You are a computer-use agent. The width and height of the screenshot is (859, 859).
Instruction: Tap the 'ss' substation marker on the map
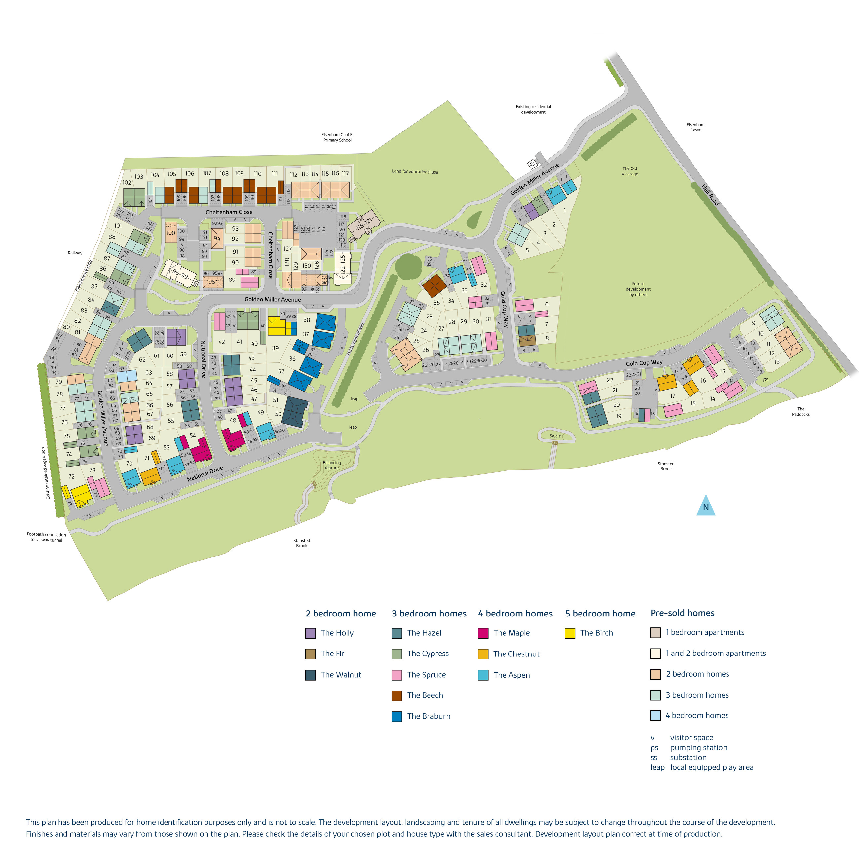pos(532,164)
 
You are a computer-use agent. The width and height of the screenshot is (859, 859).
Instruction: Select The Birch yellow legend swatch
pos(570,633)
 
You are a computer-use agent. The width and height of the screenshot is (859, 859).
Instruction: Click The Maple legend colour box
pos(483,633)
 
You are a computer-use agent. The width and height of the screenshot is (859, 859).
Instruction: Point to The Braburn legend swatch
pos(396,716)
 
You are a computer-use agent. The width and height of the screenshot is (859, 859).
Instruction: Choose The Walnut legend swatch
pos(310,675)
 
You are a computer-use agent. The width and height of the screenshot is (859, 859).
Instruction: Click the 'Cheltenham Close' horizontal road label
pos(229,212)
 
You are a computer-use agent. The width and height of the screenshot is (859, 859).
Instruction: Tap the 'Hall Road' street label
pos(710,195)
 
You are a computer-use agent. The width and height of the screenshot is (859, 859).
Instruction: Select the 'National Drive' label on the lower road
pos(205,473)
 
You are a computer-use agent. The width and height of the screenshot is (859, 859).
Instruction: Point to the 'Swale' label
pos(555,436)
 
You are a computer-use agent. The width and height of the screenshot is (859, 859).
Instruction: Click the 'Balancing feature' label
pos(332,465)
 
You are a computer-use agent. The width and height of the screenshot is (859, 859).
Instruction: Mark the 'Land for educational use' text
pos(415,171)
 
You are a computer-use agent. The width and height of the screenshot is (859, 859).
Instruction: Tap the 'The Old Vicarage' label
pos(630,171)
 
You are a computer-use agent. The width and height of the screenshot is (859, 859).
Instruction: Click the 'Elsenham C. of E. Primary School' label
pos(337,137)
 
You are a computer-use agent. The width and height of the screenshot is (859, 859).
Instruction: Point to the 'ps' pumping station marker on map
pos(766,379)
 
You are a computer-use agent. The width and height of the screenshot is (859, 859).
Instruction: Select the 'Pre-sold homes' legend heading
pos(682,613)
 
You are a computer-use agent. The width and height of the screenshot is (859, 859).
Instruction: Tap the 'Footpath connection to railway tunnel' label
pos(46,537)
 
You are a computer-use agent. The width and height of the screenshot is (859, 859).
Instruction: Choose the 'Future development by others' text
pos(638,289)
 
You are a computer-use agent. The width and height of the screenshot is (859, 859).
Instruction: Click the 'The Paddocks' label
pos(800,411)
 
